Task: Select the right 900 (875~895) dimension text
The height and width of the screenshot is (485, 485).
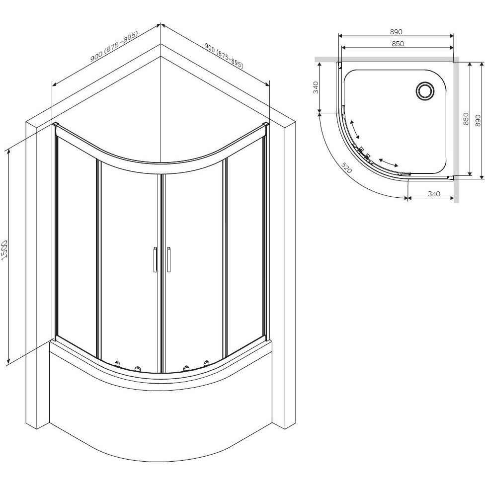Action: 224,56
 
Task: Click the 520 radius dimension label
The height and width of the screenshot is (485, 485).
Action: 347,167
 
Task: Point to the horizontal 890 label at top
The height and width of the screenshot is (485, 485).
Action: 396,31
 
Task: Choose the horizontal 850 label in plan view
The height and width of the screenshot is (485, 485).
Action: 398,44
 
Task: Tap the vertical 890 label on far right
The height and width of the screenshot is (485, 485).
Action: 478,120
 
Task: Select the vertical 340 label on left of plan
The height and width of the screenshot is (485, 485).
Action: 316,87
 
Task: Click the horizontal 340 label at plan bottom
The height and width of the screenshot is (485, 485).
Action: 434,194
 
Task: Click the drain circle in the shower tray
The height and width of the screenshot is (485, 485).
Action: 425,91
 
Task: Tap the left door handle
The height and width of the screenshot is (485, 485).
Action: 155,259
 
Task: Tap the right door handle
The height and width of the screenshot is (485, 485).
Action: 168,259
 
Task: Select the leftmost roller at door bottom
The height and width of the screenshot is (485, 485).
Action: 117,363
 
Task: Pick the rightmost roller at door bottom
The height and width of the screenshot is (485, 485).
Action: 206,363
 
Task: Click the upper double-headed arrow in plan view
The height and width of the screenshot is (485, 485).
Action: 355,129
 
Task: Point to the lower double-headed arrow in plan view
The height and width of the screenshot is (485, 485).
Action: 389,162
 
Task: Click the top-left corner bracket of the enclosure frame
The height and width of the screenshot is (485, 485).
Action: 55,124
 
